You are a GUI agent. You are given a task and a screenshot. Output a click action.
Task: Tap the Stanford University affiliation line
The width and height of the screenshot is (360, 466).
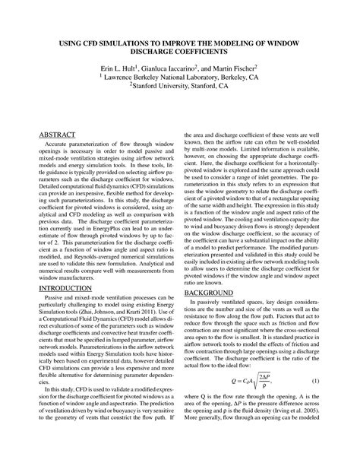click(x=180, y=87)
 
